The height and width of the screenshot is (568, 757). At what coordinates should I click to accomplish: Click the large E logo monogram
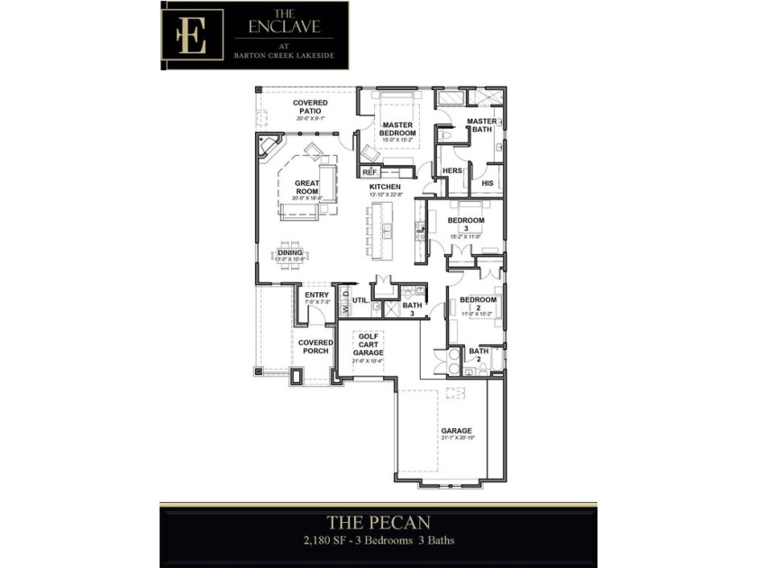(191, 35)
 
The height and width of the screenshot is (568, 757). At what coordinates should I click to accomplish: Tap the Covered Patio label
(311, 106)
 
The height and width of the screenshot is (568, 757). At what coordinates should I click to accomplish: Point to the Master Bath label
(481, 125)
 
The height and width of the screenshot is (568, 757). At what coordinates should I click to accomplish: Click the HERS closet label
(452, 170)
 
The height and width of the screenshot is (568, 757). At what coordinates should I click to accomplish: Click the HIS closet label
(488, 183)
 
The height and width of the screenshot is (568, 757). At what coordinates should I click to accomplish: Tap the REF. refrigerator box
(369, 171)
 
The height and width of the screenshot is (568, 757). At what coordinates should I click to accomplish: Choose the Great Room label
(307, 188)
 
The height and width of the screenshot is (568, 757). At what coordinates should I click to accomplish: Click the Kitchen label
(385, 187)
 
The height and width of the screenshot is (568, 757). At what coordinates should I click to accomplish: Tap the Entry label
(316, 295)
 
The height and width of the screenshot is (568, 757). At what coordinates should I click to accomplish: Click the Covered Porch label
(315, 346)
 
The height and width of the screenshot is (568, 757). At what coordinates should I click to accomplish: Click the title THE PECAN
(378, 522)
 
